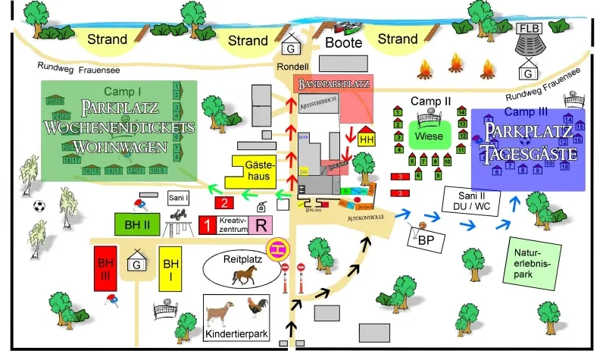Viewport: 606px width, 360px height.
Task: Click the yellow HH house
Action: [367, 139]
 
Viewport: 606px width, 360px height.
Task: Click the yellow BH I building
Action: [172, 269]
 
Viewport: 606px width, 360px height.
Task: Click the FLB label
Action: [526, 30]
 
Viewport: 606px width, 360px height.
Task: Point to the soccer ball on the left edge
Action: [39, 205]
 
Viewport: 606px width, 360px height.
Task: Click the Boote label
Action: [344, 43]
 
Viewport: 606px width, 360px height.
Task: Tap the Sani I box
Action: [179, 197]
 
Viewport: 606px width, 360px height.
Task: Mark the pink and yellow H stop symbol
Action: [276, 246]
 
